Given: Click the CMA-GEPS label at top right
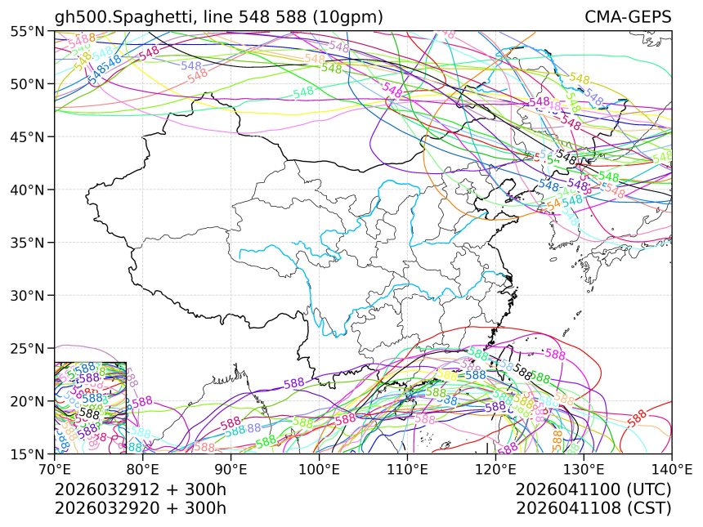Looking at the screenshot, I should click(x=628, y=17).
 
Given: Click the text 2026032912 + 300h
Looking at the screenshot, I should click(x=141, y=489).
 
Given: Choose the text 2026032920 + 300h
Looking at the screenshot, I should click(x=141, y=507).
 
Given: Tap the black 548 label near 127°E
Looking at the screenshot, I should click(x=565, y=155).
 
